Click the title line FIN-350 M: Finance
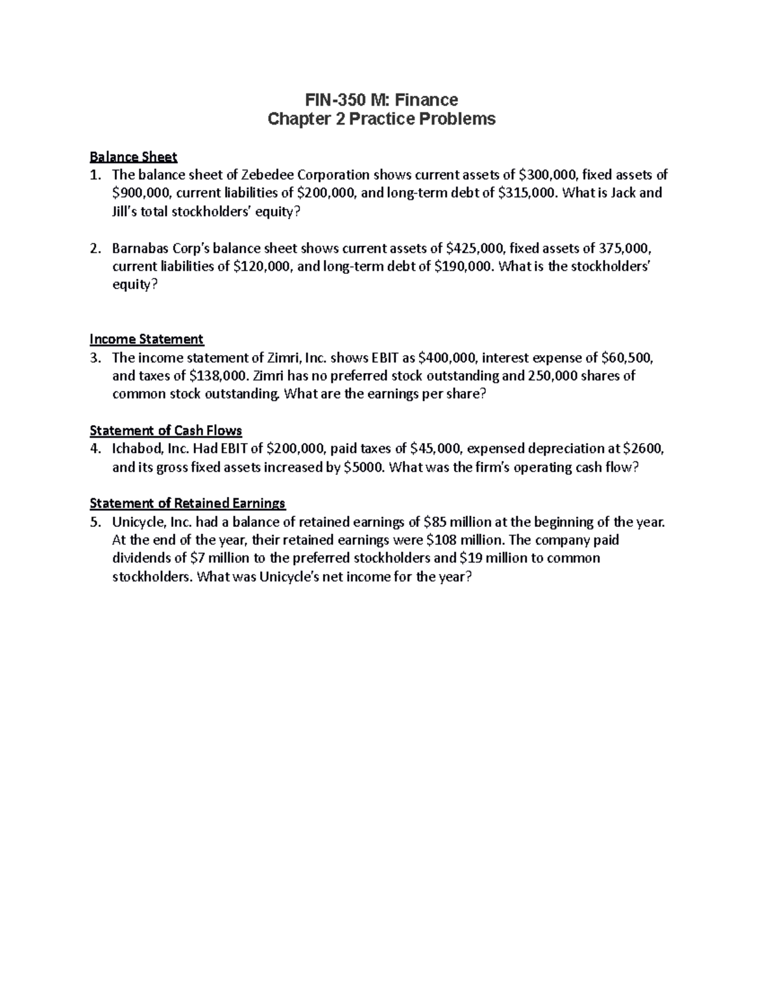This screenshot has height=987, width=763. tap(381, 100)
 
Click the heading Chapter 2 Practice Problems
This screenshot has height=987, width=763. tap(381, 119)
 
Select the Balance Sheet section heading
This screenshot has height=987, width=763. tap(134, 156)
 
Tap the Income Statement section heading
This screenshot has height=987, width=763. tap(147, 339)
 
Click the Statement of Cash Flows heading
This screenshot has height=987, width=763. tap(166, 430)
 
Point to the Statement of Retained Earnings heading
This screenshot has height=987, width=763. tap(188, 503)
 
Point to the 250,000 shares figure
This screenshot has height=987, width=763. tap(553, 376)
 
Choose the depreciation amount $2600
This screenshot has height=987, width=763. tap(643, 449)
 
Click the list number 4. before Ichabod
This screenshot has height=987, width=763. tap(95, 449)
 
